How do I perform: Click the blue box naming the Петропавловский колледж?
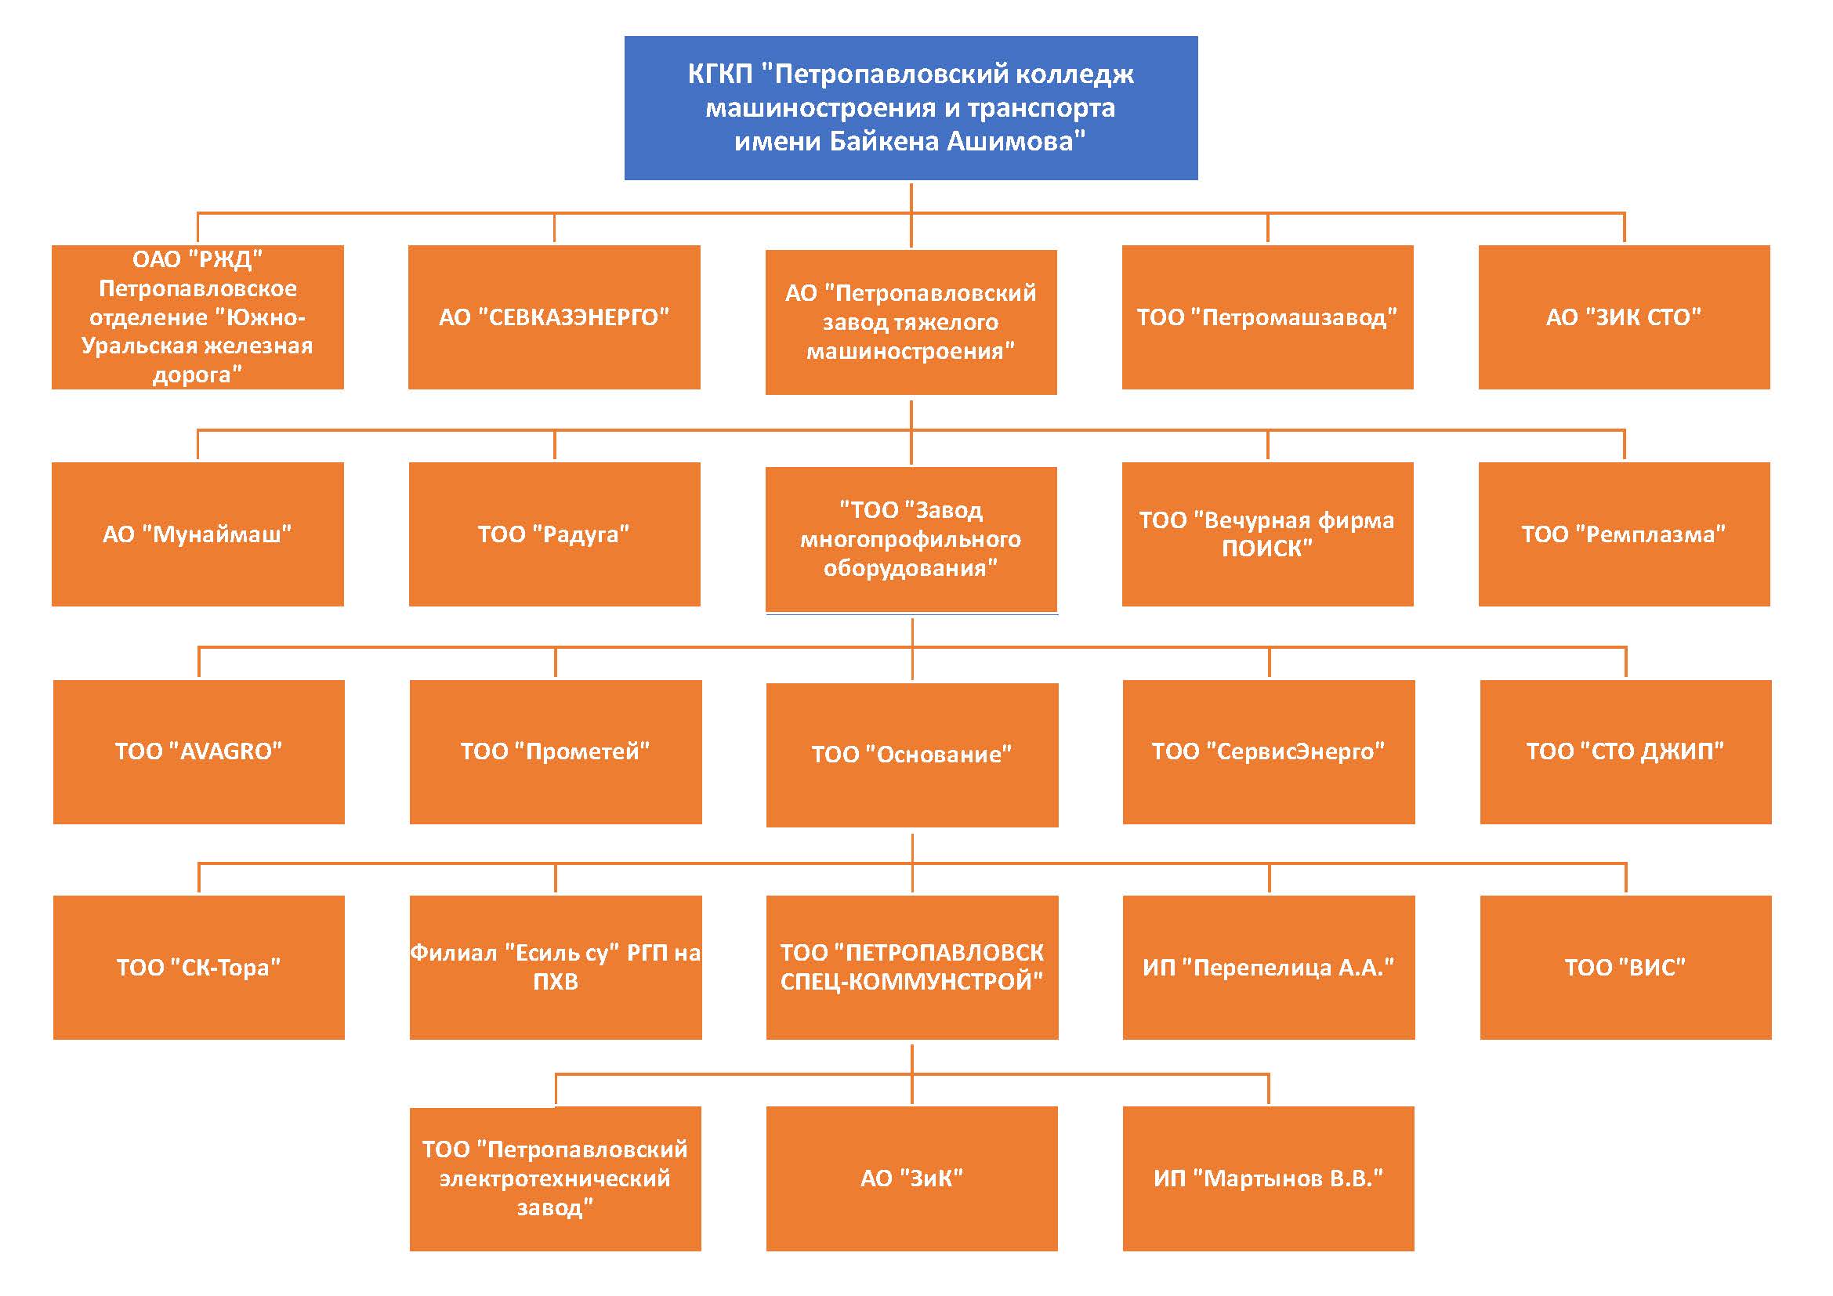tap(910, 107)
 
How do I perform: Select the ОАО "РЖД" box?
tap(197, 317)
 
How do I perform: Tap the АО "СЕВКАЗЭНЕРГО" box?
tap(554, 317)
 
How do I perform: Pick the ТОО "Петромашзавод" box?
tap(1267, 317)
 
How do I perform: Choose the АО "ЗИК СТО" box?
tap(1624, 317)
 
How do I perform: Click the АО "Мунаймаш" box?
tap(197, 534)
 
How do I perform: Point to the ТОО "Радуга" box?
tap(554, 534)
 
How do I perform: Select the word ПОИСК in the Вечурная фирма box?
tap(1267, 549)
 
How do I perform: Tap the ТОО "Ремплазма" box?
tap(1624, 534)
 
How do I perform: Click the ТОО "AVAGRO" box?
tap(199, 751)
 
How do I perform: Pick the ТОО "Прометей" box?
tap(555, 751)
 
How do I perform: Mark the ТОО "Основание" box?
tap(911, 754)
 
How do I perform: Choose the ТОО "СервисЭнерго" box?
tap(1268, 751)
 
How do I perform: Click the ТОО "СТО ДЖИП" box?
tap(1625, 751)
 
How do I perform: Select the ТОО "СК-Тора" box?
tap(199, 967)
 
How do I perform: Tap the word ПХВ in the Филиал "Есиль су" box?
tap(556, 983)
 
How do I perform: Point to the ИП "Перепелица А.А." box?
tap(1268, 967)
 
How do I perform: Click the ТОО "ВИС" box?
tap(1625, 967)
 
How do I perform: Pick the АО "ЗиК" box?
tap(911, 1178)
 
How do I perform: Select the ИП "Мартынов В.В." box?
tap(1268, 1178)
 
